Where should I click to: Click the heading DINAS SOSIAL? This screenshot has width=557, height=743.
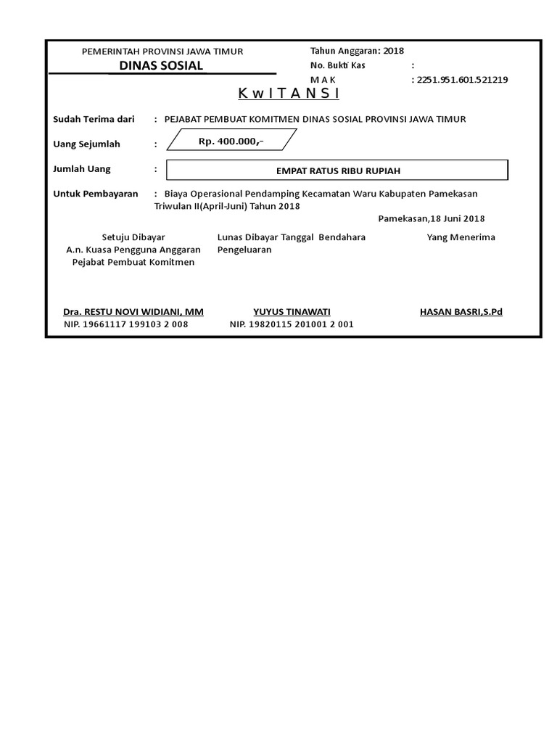[x=161, y=66]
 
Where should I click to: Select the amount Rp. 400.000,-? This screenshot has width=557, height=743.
[x=231, y=141]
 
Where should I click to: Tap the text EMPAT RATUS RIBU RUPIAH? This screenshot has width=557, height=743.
[x=337, y=171]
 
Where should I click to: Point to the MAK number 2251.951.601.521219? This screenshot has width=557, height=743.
[x=462, y=80]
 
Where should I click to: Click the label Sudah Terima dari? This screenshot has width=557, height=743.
[x=94, y=118]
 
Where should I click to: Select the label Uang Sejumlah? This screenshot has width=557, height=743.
[x=87, y=144]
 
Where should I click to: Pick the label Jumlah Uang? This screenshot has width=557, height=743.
[x=82, y=169]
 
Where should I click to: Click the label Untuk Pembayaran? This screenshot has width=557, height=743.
[x=96, y=194]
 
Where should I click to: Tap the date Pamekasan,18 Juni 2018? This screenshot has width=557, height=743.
[x=432, y=218]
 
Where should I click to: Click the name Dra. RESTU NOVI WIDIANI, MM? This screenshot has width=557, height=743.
[x=133, y=312]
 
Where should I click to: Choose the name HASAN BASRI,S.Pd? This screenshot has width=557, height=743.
[x=461, y=312]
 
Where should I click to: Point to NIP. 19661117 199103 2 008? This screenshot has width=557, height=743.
[x=125, y=324]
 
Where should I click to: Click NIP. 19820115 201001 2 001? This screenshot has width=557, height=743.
[x=292, y=324]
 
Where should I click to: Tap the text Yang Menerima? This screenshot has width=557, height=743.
[x=461, y=237]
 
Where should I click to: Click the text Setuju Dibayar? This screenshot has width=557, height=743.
[x=133, y=237]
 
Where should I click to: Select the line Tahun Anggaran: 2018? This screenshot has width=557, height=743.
[x=357, y=51]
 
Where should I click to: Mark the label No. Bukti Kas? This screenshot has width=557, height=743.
[x=337, y=65]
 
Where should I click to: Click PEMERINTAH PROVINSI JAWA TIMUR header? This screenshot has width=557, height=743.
[x=162, y=52]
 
